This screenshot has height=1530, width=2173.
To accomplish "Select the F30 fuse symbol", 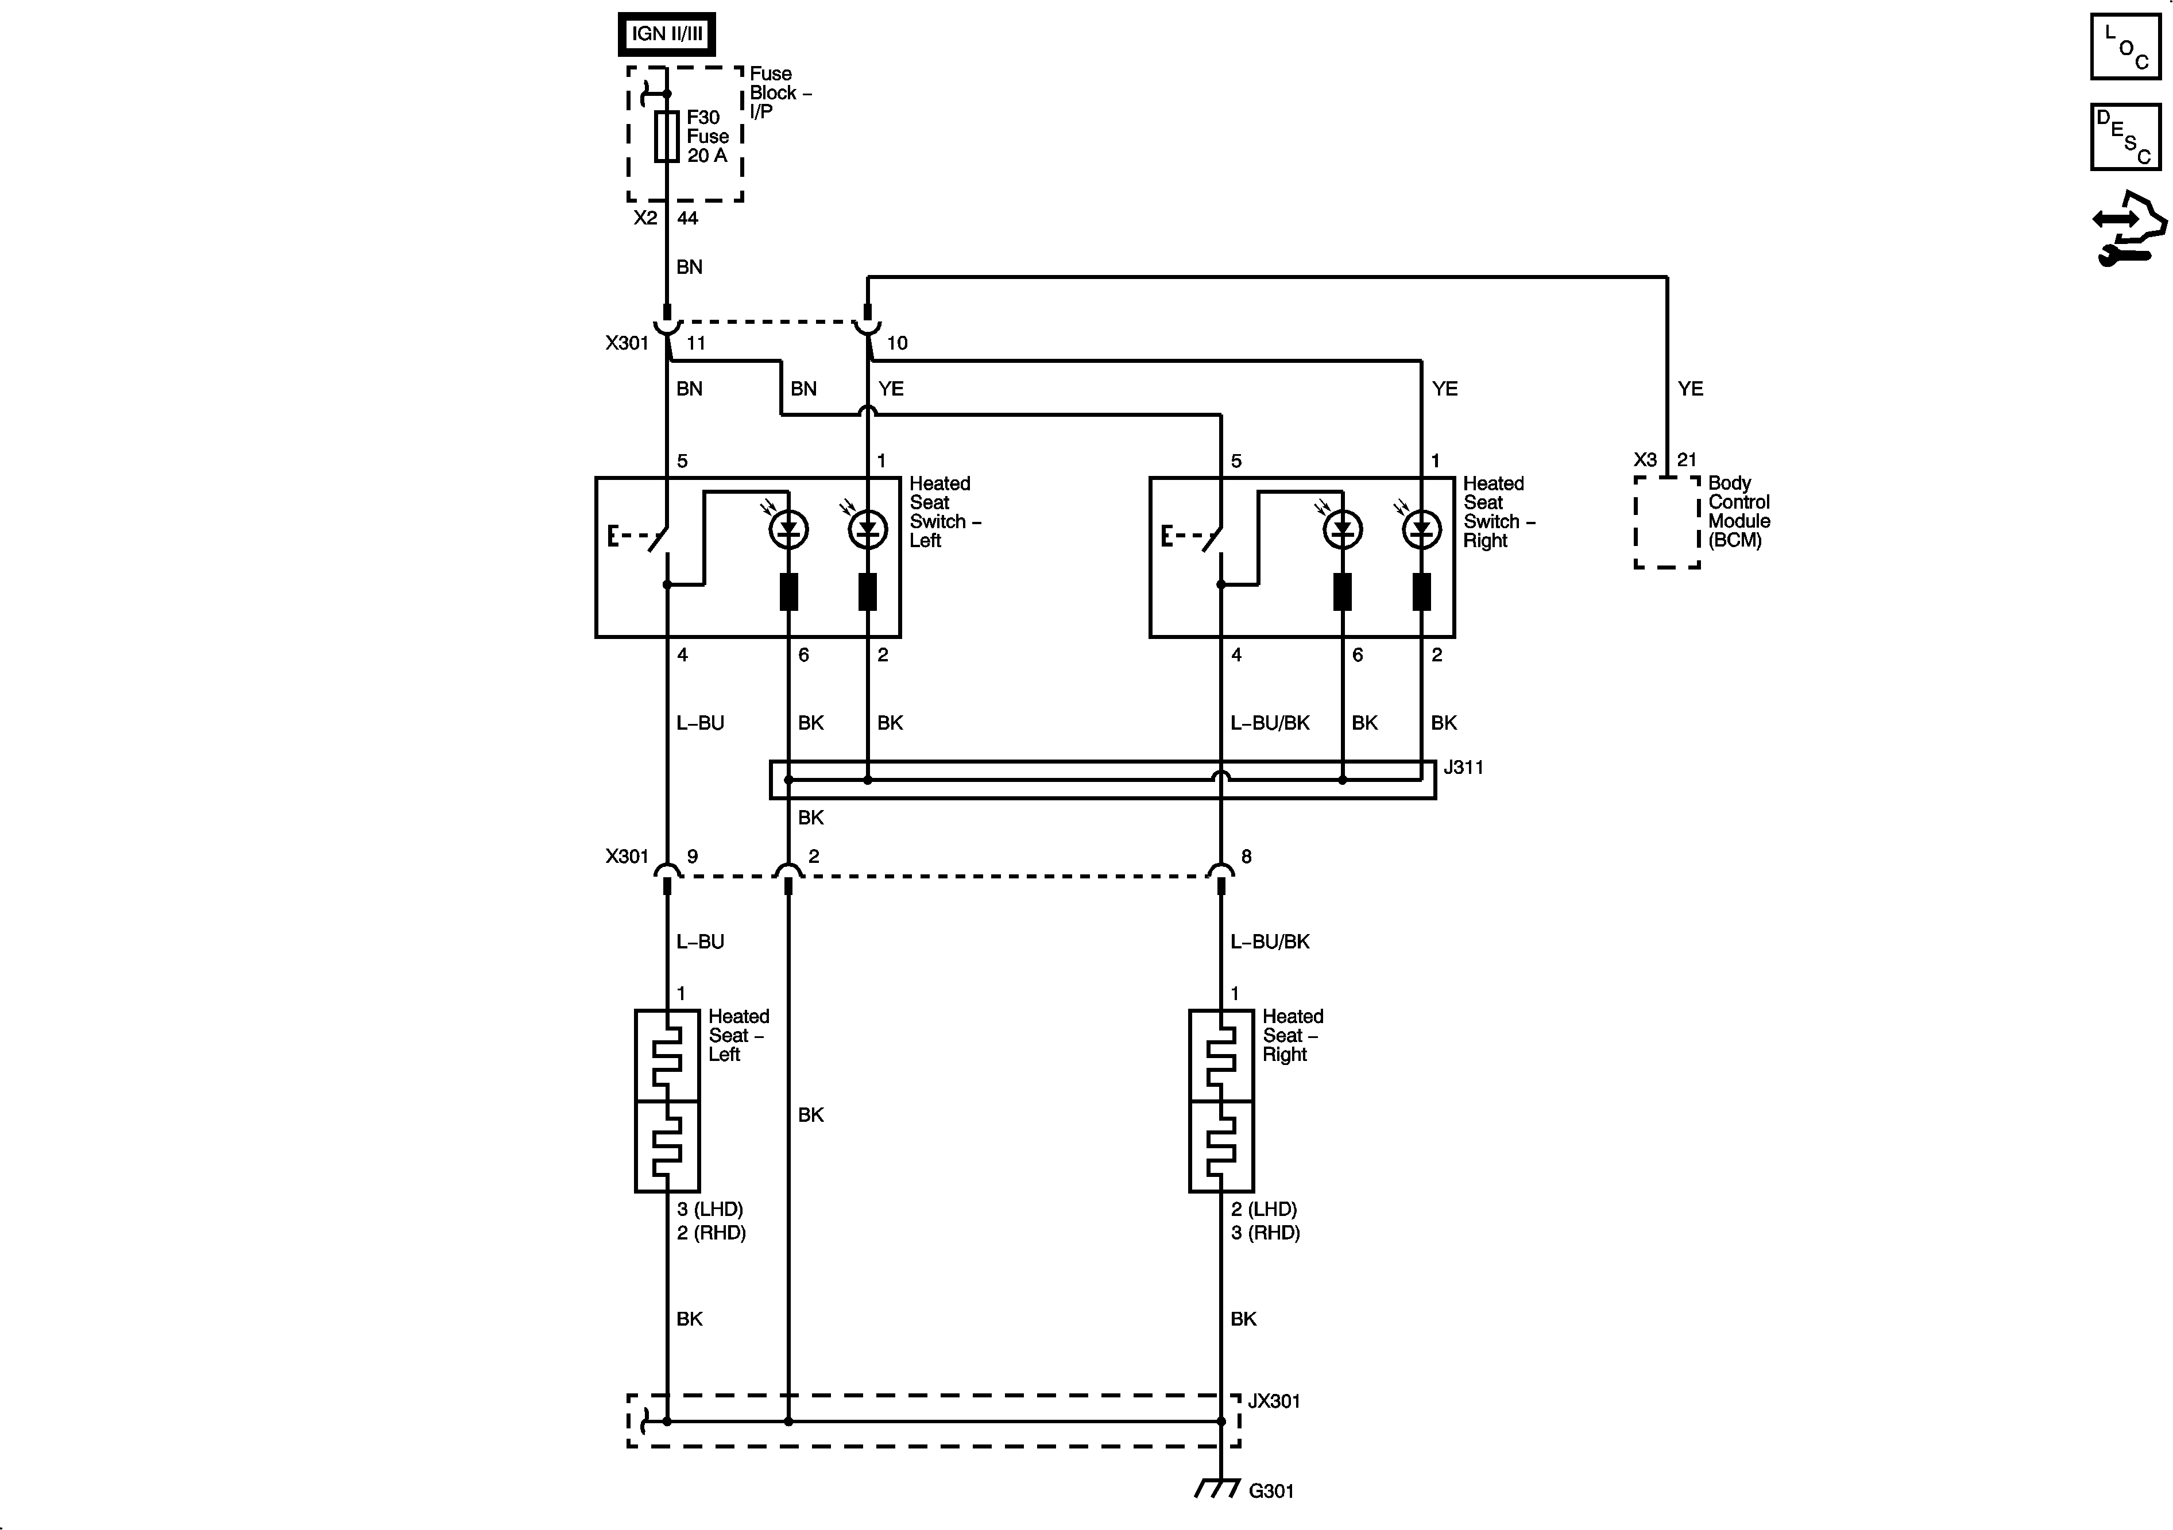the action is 667,136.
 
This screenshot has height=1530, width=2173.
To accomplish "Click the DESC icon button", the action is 2126,137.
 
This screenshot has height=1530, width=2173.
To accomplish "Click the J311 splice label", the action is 1463,768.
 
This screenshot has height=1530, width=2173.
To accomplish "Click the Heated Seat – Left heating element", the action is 667,1101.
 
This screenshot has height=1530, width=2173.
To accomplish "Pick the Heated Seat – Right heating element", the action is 1221,1101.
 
